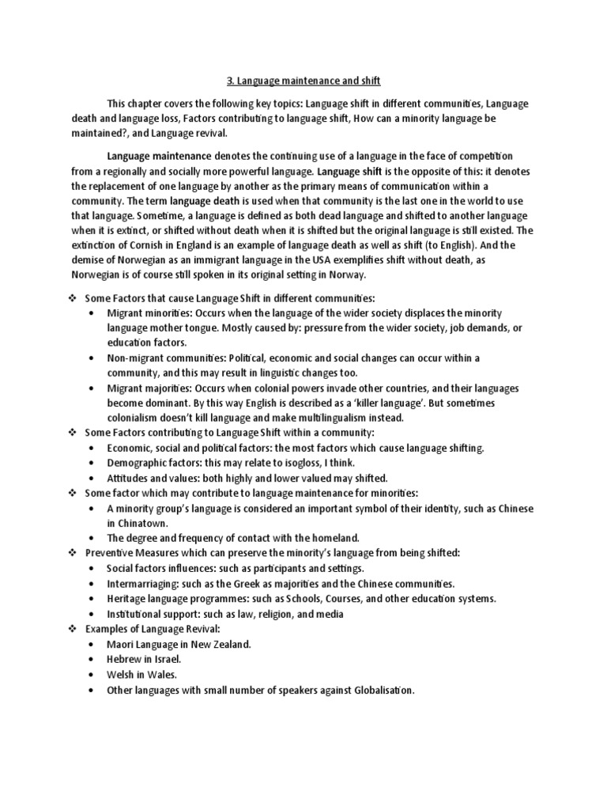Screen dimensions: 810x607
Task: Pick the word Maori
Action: (x=123, y=643)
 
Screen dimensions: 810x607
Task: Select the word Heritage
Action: (x=128, y=598)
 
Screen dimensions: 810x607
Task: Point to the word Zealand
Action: (x=230, y=643)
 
